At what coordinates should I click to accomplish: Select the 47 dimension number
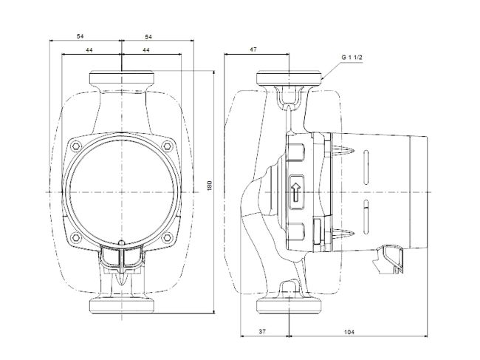point(253,49)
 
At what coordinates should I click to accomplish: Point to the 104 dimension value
point(349,333)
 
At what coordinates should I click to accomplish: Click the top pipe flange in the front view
point(121,78)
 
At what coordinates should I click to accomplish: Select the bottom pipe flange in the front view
point(121,305)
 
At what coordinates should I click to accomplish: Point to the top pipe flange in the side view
point(289,78)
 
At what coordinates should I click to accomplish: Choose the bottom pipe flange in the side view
point(289,305)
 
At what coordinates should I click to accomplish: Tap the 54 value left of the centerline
point(81,35)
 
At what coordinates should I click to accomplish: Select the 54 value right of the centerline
point(148,35)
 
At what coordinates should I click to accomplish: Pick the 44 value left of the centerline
point(89,49)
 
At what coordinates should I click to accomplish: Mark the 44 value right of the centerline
point(146,49)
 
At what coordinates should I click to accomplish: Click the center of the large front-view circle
point(121,191)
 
